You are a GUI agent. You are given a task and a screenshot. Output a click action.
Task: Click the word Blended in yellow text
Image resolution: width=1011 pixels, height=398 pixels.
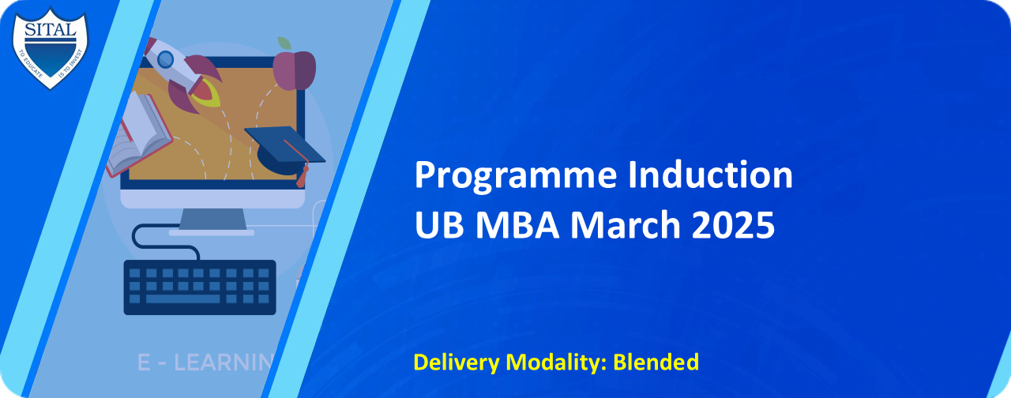(x=656, y=362)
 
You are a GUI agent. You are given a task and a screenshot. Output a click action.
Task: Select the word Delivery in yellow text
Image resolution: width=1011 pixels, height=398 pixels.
(x=456, y=362)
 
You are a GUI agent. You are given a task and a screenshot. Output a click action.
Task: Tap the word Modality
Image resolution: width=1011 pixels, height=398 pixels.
(x=557, y=362)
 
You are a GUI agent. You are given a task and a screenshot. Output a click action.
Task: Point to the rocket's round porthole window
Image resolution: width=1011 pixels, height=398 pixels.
(x=165, y=58)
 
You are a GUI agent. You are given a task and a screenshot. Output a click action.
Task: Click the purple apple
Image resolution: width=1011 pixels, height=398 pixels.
(x=295, y=69)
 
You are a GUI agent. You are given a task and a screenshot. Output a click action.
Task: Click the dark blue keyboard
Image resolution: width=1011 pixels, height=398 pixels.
(x=200, y=287)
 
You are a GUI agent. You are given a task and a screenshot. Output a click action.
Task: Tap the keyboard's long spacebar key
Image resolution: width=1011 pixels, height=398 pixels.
(x=183, y=299)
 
